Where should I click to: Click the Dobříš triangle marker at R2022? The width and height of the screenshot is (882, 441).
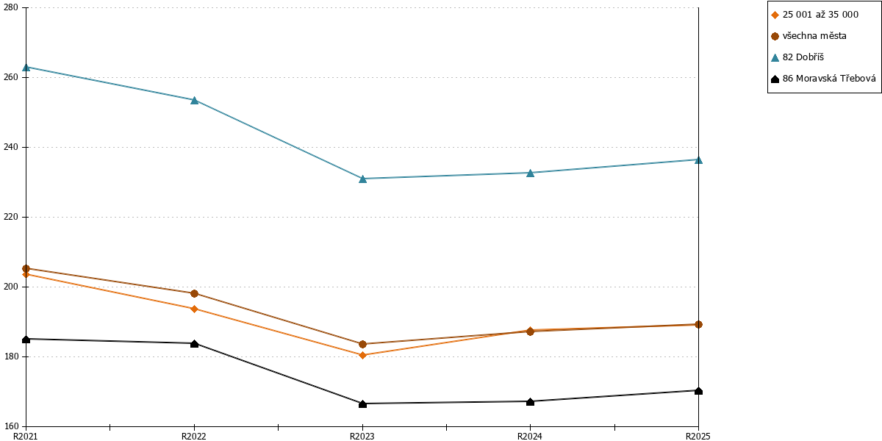click(x=194, y=101)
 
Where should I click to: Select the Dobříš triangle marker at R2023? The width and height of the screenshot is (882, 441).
click(x=362, y=179)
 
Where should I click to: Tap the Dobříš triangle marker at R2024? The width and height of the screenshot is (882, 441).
click(x=531, y=173)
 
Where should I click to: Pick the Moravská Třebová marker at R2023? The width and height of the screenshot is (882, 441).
click(x=362, y=404)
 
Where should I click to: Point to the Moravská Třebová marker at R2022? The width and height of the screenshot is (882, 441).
click(x=194, y=344)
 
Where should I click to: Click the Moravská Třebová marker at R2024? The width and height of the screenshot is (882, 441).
click(x=531, y=401)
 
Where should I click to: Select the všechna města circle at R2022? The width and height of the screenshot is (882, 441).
click(x=194, y=293)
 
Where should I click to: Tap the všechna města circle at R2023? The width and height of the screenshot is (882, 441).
click(x=362, y=344)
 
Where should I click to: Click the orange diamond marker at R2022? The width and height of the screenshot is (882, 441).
click(x=194, y=309)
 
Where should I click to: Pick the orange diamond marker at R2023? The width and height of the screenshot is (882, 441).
click(x=362, y=355)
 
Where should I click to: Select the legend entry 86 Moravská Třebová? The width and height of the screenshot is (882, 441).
click(x=823, y=79)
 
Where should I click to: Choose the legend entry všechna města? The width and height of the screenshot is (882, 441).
click(x=808, y=36)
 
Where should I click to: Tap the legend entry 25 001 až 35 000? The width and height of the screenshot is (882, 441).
click(x=814, y=15)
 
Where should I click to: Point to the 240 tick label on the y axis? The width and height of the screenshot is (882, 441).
click(x=10, y=147)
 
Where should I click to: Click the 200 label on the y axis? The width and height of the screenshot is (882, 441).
click(x=10, y=287)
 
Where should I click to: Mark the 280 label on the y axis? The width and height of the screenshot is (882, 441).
click(x=10, y=7)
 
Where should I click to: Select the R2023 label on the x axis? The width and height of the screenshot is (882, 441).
click(x=362, y=437)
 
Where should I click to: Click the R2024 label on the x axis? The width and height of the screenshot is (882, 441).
click(x=530, y=437)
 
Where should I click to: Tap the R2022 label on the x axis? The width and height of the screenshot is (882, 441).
click(x=194, y=437)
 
